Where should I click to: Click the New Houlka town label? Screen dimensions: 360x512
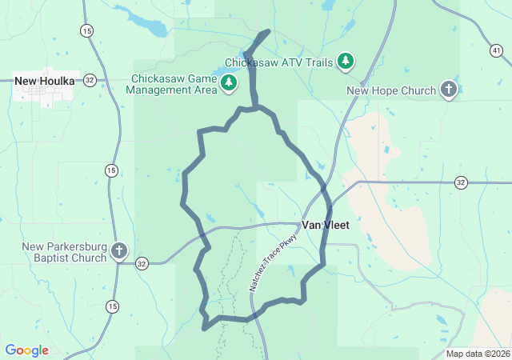[45, 81]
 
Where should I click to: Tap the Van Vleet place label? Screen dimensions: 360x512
[325, 225]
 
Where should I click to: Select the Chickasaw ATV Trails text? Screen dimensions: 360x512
[278, 62]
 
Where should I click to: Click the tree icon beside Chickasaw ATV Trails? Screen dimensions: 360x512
[346, 62]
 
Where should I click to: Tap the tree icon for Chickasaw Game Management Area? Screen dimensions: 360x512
[229, 82]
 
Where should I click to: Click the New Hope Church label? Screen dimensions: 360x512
[391, 90]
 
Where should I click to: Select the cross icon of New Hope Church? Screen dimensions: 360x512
[449, 90]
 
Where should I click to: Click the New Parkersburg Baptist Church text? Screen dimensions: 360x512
[64, 252]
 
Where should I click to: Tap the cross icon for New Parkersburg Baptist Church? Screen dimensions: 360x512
[119, 252]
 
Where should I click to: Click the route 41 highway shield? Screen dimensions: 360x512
[497, 50]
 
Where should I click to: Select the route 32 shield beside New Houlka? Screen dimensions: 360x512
[90, 80]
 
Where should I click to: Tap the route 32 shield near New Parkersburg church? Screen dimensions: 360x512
[142, 263]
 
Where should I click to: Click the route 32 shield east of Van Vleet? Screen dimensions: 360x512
[460, 182]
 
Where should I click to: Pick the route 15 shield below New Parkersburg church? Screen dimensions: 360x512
[111, 306]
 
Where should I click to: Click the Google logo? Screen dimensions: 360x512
[26, 350]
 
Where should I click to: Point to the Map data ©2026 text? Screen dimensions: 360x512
[477, 354]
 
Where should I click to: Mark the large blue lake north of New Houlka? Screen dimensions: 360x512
[144, 22]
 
